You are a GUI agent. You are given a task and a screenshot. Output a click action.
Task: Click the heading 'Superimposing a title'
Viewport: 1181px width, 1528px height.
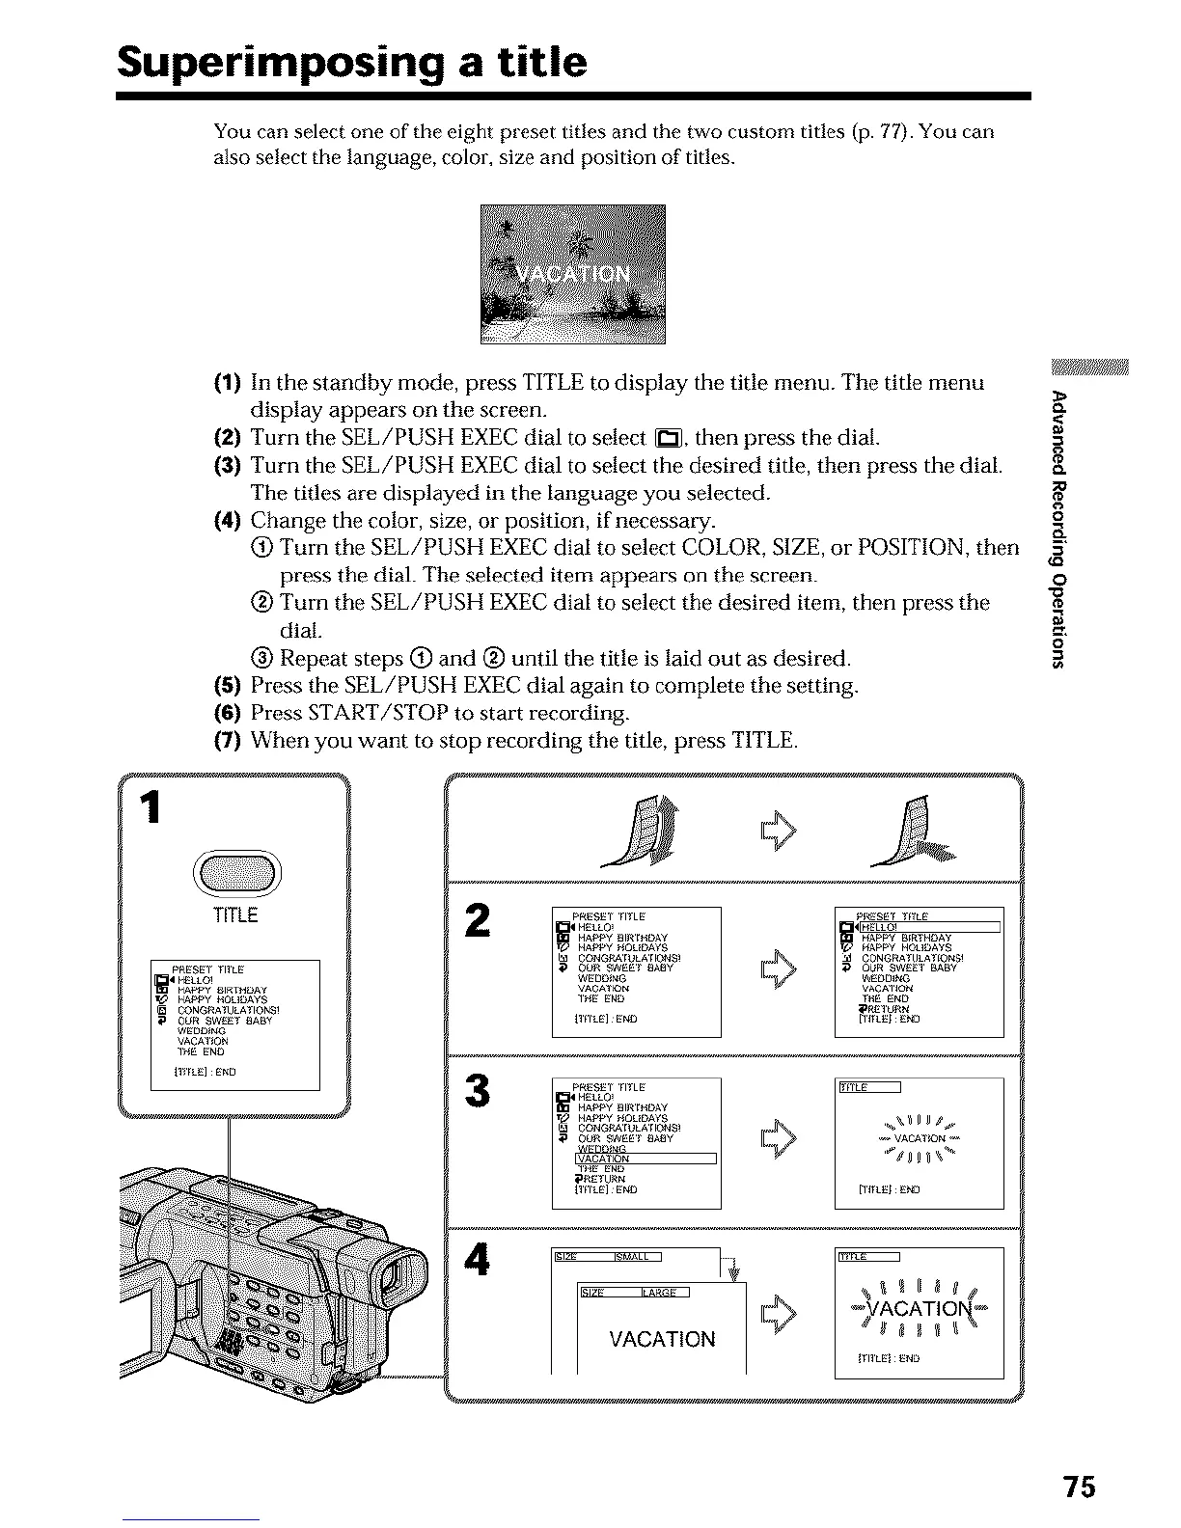click(x=351, y=62)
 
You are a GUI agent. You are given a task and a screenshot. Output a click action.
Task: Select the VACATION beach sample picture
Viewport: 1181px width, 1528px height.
click(x=572, y=275)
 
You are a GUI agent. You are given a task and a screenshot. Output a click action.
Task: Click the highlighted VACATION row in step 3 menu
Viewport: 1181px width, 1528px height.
click(x=645, y=1159)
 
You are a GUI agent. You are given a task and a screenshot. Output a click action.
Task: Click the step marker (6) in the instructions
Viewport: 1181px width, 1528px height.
click(x=227, y=714)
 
